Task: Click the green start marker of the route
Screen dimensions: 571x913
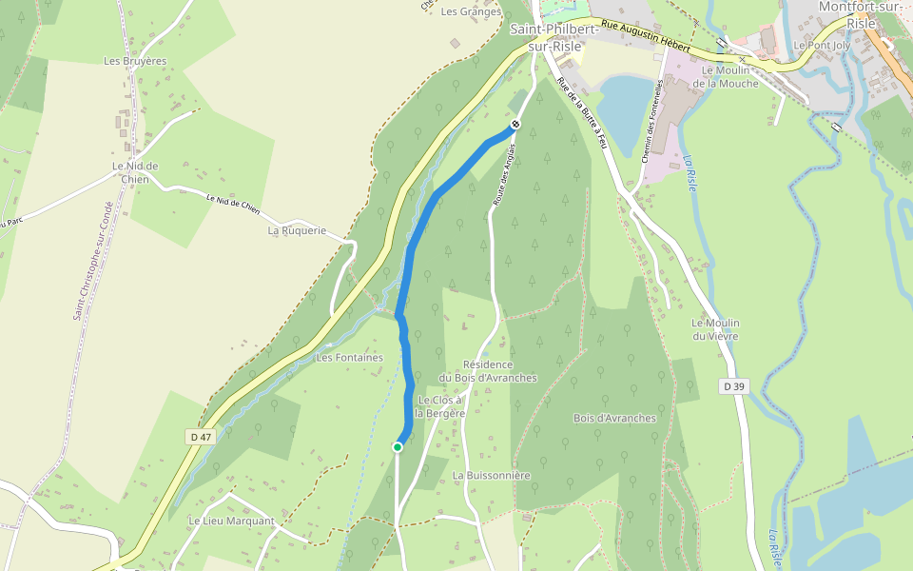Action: (x=398, y=446)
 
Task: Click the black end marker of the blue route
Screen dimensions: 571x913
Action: (x=515, y=124)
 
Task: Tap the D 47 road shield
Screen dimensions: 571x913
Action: (x=198, y=436)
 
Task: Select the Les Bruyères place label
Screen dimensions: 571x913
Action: (x=135, y=61)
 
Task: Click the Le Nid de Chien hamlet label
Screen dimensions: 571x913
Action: (x=134, y=172)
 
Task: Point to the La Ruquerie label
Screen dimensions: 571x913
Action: (x=297, y=230)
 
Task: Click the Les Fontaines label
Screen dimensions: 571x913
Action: (x=349, y=358)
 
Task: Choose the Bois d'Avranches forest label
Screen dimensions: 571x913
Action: (x=614, y=418)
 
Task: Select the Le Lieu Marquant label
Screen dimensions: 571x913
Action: (x=231, y=521)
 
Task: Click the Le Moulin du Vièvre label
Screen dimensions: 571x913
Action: (x=715, y=329)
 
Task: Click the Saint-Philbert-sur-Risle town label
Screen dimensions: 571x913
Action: (x=554, y=36)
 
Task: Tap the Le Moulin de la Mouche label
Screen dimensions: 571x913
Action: (x=726, y=77)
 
